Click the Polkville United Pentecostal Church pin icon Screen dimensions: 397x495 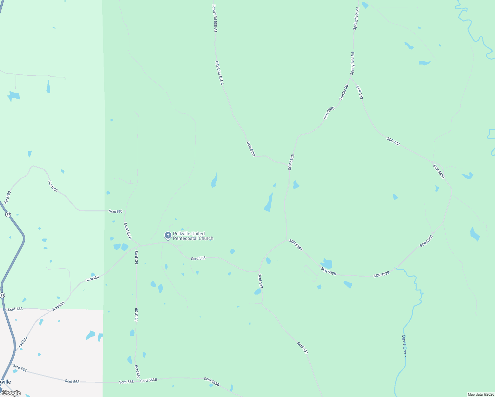point(168,236)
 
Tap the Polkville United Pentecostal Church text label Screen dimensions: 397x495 point(193,236)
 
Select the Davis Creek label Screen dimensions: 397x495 point(404,346)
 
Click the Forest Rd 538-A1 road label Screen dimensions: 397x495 point(215,18)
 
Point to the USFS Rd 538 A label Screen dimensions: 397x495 point(219,73)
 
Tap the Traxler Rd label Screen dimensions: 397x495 point(344,92)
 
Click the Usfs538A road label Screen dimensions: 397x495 point(251,149)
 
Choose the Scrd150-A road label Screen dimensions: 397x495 point(127,231)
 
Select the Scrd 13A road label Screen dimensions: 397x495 point(15,309)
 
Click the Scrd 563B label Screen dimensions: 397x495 point(149,380)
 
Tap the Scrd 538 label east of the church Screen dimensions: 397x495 point(198,258)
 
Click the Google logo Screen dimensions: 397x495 point(11,393)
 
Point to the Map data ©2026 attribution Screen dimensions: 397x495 point(480,394)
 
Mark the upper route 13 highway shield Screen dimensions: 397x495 point(8,214)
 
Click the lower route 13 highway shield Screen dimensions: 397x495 point(3,295)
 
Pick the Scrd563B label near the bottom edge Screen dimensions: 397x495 point(211,381)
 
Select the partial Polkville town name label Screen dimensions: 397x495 point(5,382)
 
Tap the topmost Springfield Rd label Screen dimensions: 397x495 point(356,19)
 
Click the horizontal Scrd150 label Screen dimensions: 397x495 point(115,211)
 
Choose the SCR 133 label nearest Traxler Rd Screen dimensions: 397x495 point(359,92)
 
